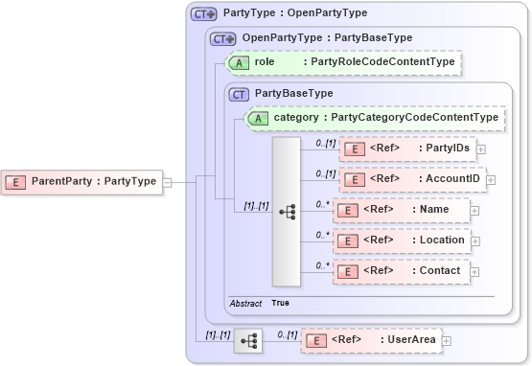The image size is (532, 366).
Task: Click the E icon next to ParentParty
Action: (17, 181)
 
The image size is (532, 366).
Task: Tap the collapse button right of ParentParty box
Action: (167, 181)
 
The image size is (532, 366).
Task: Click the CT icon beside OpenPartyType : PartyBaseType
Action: (222, 38)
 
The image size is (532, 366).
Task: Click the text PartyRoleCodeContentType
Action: (379, 62)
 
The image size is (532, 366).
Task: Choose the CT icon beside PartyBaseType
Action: (239, 94)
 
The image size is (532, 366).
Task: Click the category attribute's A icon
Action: (258, 118)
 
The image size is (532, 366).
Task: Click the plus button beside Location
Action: (474, 240)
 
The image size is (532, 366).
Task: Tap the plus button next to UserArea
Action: (446, 340)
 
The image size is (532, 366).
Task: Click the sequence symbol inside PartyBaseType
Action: (287, 211)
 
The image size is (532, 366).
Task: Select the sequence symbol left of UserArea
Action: (248, 340)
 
